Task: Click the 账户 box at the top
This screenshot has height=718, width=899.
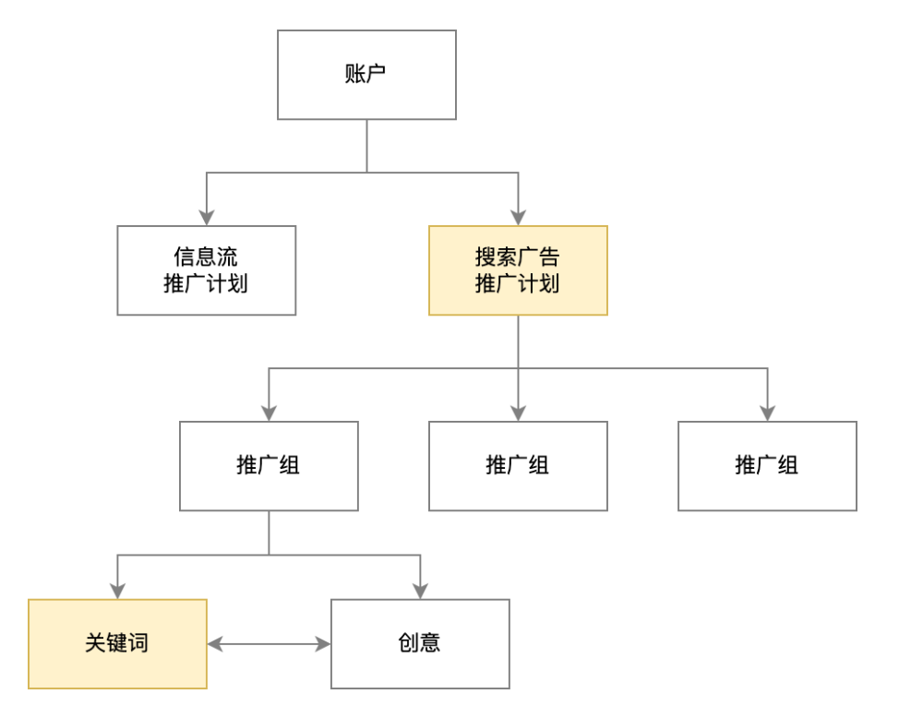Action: point(366,75)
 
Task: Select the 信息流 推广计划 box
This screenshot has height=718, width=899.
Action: point(206,270)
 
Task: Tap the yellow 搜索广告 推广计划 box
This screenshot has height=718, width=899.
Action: point(518,270)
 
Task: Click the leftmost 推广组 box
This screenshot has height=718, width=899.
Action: point(269,466)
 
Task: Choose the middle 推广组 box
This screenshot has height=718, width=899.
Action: point(518,466)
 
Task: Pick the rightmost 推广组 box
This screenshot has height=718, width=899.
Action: point(767,466)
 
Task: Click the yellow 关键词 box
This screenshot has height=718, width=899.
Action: point(117,643)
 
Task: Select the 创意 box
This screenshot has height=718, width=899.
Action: point(420,643)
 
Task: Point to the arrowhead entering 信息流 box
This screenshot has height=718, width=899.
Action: point(206,218)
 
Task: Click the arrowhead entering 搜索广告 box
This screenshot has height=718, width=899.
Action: point(518,218)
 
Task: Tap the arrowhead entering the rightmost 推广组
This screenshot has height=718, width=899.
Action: point(767,413)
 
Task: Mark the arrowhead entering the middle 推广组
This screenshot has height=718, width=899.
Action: point(518,413)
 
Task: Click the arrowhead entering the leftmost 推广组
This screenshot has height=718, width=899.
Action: point(269,413)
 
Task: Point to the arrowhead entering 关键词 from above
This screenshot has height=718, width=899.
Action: point(117,591)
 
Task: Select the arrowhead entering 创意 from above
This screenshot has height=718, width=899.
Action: point(420,591)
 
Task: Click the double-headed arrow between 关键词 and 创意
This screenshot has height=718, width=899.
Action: point(269,644)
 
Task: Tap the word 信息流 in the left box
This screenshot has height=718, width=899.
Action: point(206,257)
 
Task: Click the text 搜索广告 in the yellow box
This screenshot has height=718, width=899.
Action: point(518,257)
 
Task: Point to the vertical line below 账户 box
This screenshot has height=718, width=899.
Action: point(366,146)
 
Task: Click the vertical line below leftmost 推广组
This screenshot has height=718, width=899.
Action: point(269,533)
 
